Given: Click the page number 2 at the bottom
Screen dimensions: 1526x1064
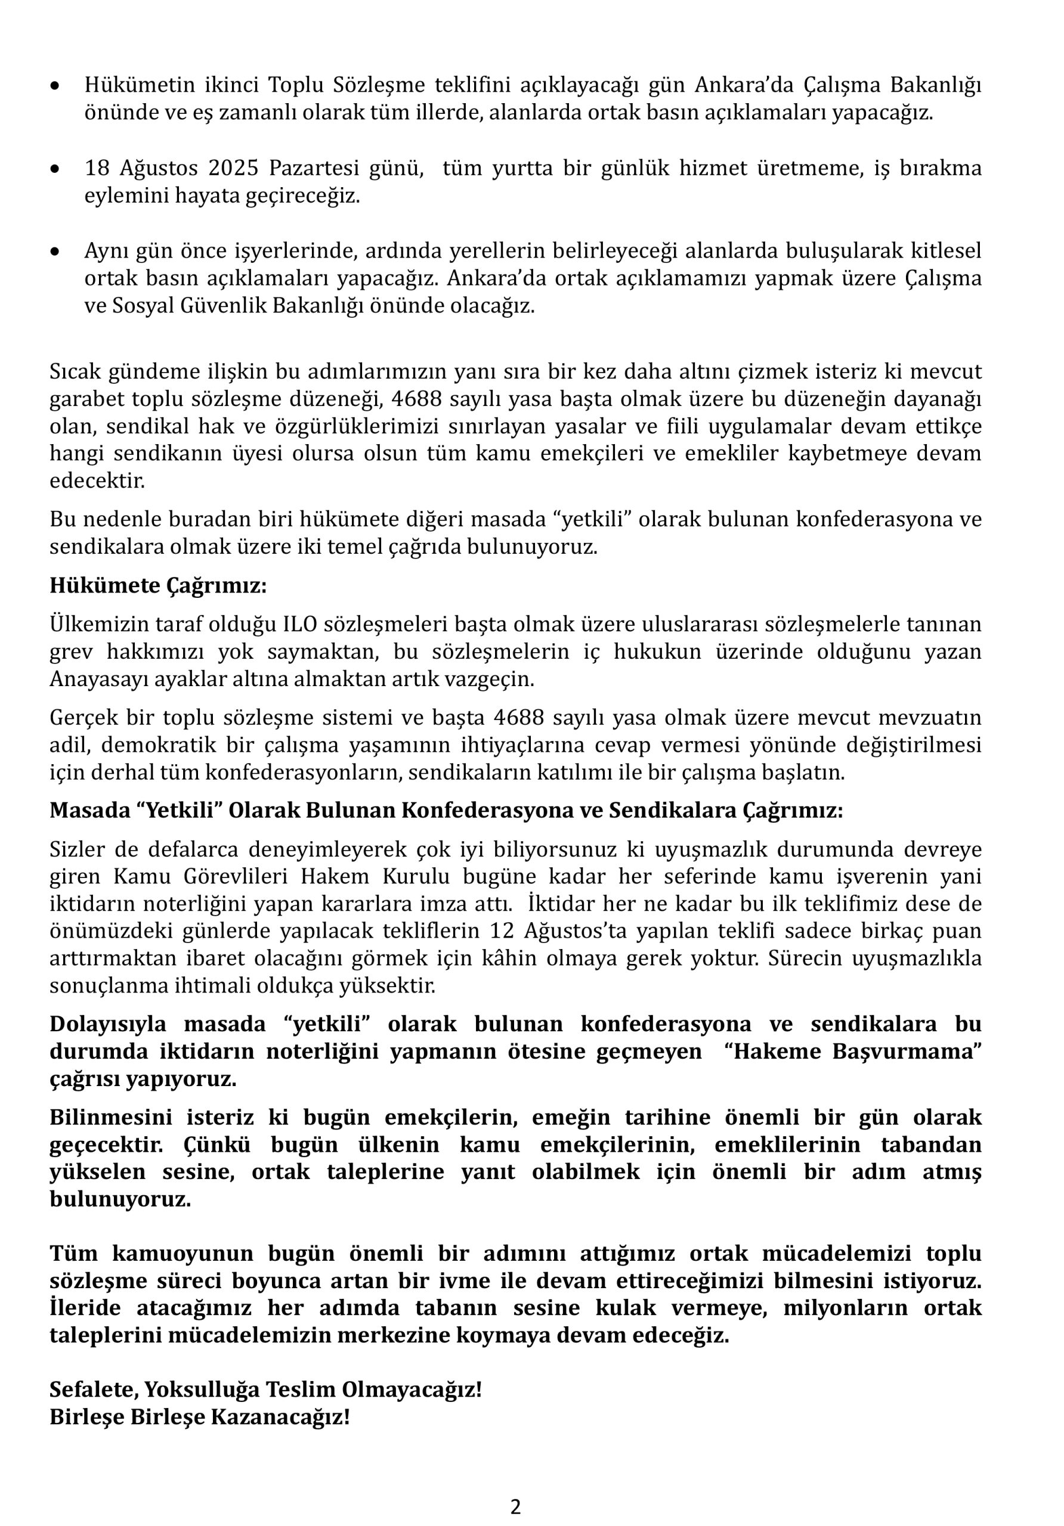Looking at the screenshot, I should (515, 1506).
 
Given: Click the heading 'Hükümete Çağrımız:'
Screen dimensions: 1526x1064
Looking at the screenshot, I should (157, 585).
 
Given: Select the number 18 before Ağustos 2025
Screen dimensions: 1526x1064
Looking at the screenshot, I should (97, 169).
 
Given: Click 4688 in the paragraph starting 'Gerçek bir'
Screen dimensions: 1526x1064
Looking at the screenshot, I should (519, 718).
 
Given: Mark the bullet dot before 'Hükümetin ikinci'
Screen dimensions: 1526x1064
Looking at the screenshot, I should (57, 86).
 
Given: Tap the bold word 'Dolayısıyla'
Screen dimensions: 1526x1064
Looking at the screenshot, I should (108, 1024).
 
